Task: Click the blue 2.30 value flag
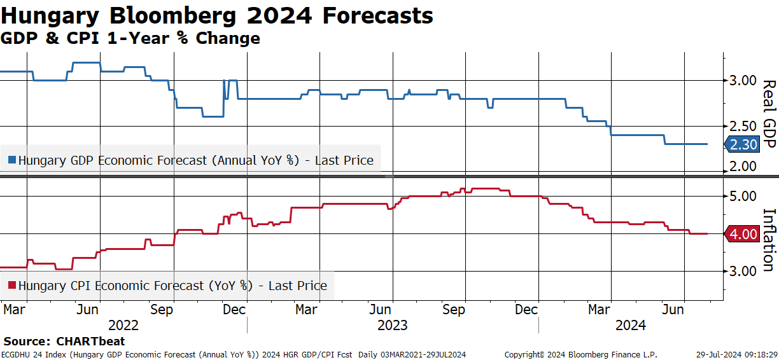tap(742, 144)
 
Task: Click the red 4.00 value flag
tap(742, 234)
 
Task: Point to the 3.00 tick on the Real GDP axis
tap(743, 81)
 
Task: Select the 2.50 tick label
tap(743, 127)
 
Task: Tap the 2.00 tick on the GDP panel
tap(743, 167)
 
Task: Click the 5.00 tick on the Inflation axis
tap(743, 197)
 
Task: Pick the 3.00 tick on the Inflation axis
tap(743, 271)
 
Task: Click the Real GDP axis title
tap(769, 114)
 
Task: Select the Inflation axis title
tap(769, 240)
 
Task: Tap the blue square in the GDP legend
tap(12, 160)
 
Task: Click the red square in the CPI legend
tap(12, 286)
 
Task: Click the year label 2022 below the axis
tap(123, 326)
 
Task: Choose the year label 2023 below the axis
tap(393, 326)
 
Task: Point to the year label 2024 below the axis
tap(631, 326)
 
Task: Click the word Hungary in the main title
tap(50, 17)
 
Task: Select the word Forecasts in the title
tap(377, 16)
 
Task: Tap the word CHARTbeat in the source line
tap(90, 341)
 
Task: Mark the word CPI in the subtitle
tap(83, 38)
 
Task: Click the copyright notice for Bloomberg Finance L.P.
tap(581, 355)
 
